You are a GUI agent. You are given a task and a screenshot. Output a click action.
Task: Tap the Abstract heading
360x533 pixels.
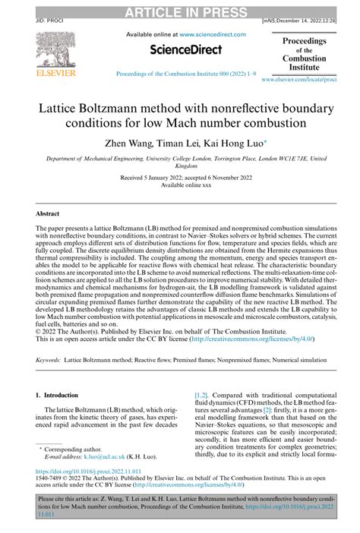point(48,214)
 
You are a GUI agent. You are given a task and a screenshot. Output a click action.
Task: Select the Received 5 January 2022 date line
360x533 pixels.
point(180,176)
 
